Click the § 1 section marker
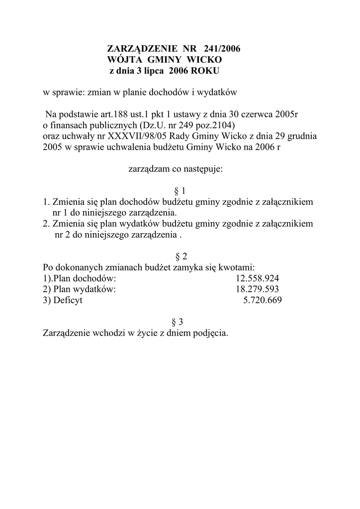180,191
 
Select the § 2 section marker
180,256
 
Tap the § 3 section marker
180,322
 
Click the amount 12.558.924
257,278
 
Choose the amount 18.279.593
257,289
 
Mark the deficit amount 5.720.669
262,300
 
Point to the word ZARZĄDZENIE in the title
143,49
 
